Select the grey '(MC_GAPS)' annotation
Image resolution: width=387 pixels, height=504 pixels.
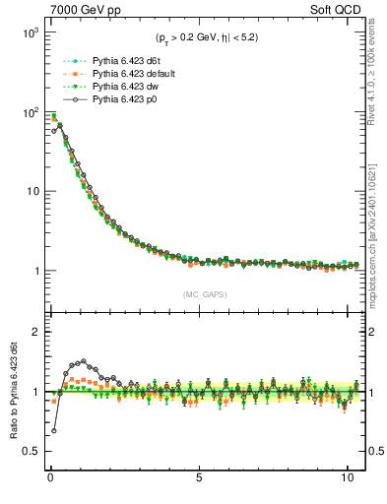pyautogui.click(x=202, y=294)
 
